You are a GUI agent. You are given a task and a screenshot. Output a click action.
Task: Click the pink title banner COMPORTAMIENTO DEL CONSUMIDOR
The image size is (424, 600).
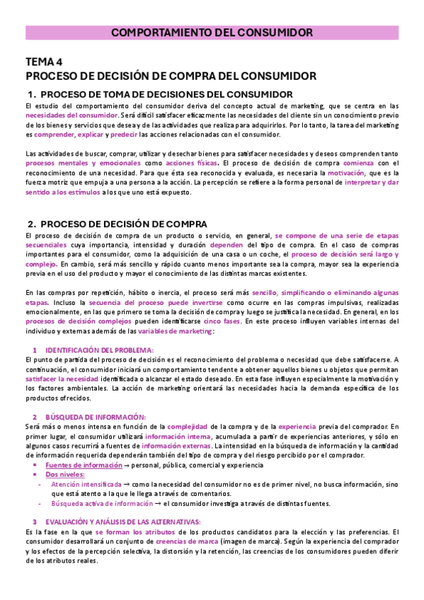click(x=212, y=33)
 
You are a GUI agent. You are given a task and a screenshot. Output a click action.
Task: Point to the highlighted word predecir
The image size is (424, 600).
click(x=124, y=134)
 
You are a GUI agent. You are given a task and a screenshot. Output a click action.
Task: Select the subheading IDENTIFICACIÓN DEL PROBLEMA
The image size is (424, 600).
click(x=99, y=350)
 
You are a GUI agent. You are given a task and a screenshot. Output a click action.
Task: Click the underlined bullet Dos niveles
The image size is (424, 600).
click(x=62, y=475)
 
